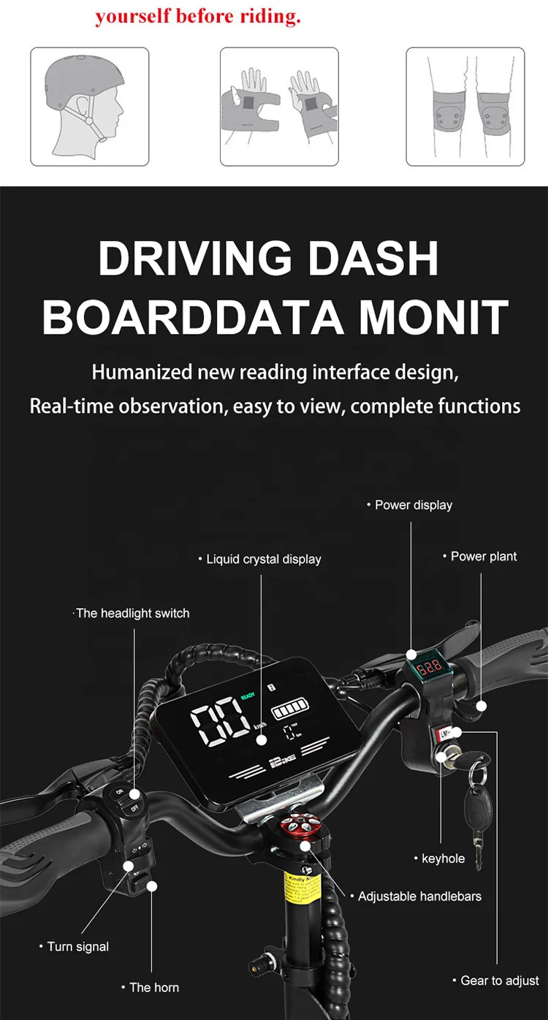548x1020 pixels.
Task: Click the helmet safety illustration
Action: (x=89, y=107)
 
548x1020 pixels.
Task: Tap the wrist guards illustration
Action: (x=279, y=107)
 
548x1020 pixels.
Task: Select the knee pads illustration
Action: (x=465, y=107)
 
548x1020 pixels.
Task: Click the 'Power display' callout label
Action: (x=414, y=505)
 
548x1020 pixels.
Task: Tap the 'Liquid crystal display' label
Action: (x=263, y=559)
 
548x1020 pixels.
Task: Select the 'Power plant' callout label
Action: (x=483, y=556)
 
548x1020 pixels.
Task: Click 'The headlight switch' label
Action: (x=132, y=613)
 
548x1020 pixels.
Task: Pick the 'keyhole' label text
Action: (x=443, y=859)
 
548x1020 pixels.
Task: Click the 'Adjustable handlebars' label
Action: (x=419, y=896)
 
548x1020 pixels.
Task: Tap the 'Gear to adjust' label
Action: (x=500, y=981)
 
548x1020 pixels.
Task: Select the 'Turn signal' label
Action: (x=77, y=946)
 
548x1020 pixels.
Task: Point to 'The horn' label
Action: (x=153, y=987)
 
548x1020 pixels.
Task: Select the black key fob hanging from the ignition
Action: (x=478, y=804)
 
